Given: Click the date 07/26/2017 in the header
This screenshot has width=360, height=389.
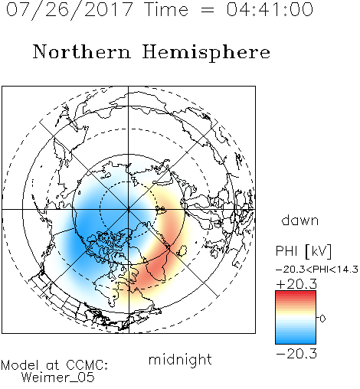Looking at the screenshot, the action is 70,10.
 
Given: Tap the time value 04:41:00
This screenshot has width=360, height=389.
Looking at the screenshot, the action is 270,9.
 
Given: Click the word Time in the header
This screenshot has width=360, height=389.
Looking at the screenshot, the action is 167,9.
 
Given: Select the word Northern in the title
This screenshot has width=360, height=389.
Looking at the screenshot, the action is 82,51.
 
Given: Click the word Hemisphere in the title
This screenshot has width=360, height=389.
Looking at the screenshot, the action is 206,53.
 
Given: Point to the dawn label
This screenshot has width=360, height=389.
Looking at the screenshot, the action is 300,220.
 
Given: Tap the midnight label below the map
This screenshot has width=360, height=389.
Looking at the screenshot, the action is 180,359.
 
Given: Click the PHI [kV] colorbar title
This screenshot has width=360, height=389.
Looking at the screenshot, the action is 303,251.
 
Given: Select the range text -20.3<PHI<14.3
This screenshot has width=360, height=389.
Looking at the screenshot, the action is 317,270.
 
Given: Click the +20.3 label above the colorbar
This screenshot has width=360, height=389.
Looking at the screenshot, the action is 296,284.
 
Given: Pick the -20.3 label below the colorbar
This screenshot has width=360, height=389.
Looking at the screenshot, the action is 296,354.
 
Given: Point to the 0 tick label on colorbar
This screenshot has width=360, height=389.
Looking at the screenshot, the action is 322,319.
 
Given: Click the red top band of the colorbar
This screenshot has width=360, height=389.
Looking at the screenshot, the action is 296,294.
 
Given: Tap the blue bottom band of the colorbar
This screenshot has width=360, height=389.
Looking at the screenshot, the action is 296,340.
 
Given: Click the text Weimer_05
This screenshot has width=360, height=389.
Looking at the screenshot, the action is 58,378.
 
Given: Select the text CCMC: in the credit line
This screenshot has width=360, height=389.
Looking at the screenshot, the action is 87,365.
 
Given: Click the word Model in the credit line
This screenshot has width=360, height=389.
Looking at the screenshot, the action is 20,365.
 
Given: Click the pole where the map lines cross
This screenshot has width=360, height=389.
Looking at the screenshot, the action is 129,209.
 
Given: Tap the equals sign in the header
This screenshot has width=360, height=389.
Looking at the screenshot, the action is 208,11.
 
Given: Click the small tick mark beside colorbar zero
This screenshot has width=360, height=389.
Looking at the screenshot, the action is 318,318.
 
